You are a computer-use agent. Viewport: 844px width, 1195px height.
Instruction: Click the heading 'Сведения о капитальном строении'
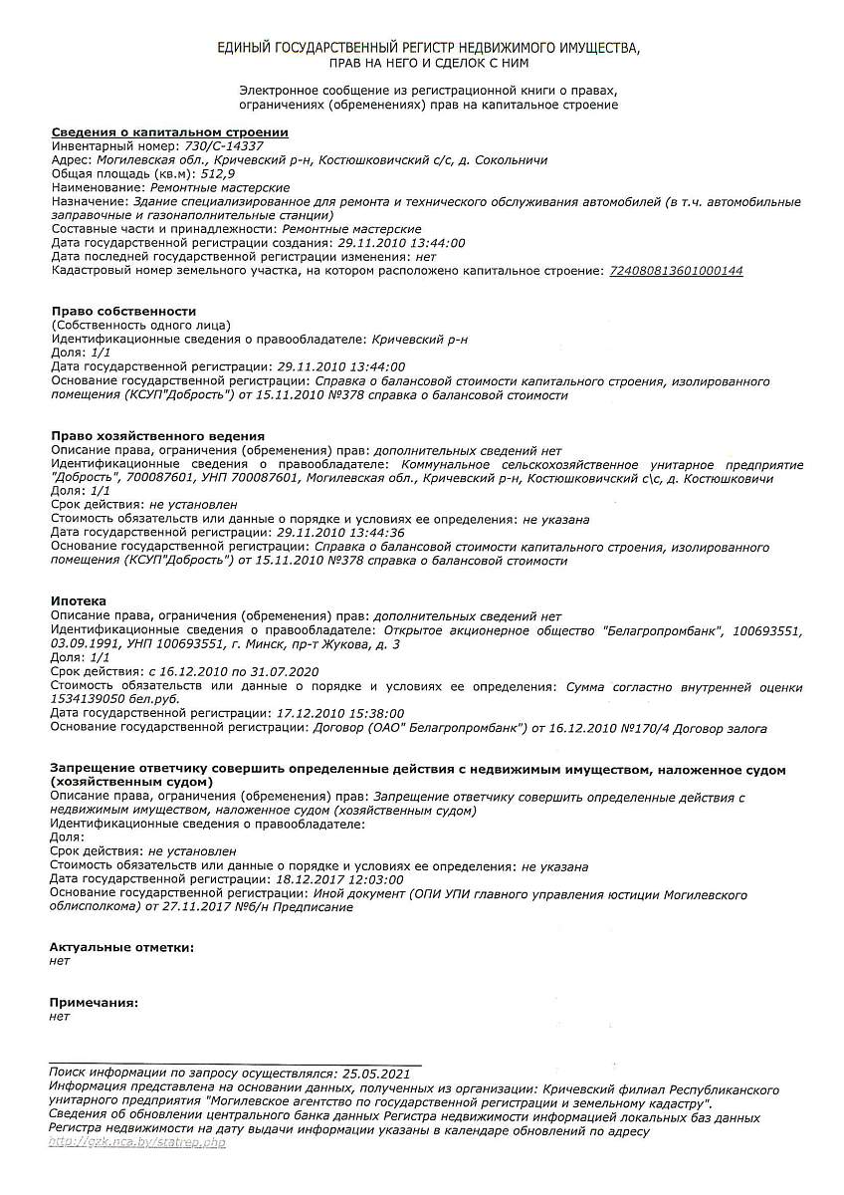(x=169, y=131)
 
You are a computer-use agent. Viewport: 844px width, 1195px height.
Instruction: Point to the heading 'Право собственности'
(x=123, y=311)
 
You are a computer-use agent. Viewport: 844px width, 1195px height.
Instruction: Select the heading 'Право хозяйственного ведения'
(x=157, y=436)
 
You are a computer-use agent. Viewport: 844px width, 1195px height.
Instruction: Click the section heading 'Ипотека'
(x=78, y=601)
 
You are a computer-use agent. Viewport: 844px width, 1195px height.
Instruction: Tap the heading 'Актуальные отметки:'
(x=121, y=947)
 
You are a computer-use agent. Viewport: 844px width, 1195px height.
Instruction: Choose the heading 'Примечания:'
(x=94, y=1003)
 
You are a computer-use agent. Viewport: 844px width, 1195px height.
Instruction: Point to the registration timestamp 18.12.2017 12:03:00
(x=339, y=880)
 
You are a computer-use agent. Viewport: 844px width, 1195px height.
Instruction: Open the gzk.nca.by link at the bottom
(x=137, y=1142)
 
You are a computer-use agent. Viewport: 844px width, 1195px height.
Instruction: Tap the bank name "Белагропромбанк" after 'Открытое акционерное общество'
(x=667, y=630)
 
